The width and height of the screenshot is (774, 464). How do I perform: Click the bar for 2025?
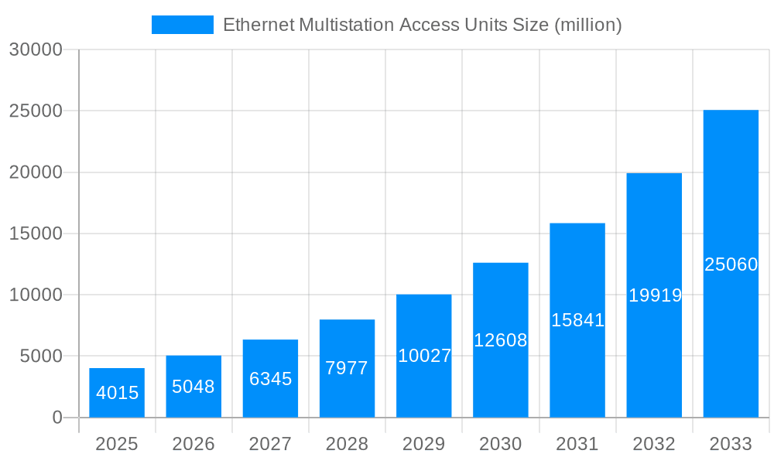pos(117,393)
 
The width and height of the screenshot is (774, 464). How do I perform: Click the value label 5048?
pos(193,387)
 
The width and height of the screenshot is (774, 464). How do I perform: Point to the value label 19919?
pos(655,295)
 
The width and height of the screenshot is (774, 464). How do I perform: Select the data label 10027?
pos(424,356)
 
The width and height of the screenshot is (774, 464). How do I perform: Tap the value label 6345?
pos(270,379)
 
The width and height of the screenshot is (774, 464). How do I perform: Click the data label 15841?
pos(577,320)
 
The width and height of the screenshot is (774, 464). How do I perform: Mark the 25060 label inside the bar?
pos(731,264)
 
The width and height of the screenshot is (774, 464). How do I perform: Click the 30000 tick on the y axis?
pos(36,49)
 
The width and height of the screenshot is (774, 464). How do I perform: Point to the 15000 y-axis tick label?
pos(36,234)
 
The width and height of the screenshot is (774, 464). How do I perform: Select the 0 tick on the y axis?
pos(57,418)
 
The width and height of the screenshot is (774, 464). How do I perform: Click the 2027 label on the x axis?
pos(270,444)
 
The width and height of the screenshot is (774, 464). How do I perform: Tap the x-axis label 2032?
pos(654,444)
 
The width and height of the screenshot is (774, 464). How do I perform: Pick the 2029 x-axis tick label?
pos(424,444)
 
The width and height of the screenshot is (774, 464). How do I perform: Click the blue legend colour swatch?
pos(183,25)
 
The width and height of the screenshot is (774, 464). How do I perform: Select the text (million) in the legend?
pos(588,25)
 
